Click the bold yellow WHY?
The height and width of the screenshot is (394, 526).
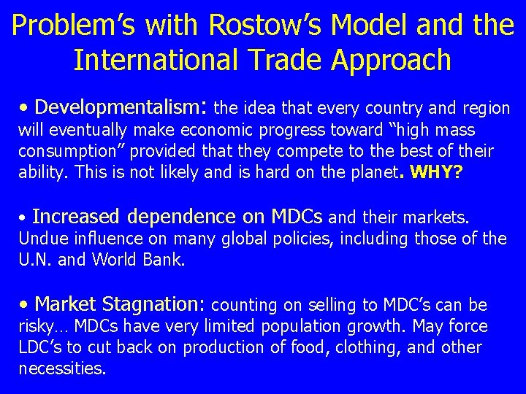438,173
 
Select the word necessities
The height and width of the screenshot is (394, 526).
61,368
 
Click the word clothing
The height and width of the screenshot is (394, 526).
369,347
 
